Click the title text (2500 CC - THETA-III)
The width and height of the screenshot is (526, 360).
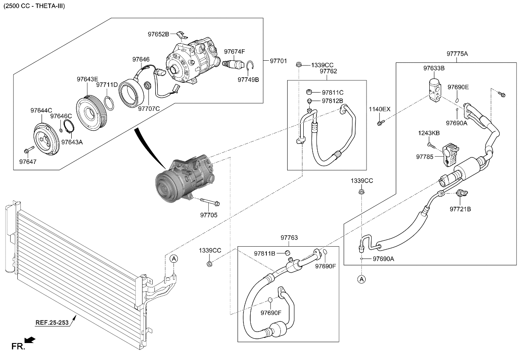coord(34,6)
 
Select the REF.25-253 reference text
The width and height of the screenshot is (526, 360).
coord(52,323)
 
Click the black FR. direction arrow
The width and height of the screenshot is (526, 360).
coord(30,340)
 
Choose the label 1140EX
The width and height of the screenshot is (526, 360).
coord(379,109)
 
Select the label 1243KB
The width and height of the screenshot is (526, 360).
coord(429,133)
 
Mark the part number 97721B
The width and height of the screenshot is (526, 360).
coord(460,209)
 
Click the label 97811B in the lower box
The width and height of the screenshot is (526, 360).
coord(265,253)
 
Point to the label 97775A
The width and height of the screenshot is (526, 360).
coord(457,54)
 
